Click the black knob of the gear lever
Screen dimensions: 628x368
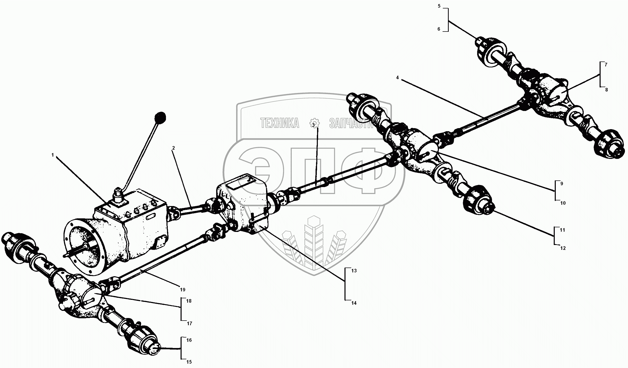pyautogui.click(x=160, y=118)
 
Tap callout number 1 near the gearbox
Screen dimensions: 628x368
pyautogui.click(x=53, y=155)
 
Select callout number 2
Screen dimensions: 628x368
pyautogui.click(x=173, y=148)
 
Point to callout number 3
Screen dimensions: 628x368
pyautogui.click(x=313, y=125)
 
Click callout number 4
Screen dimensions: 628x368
pyautogui.click(x=397, y=78)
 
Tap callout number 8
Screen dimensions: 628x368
pyautogui.click(x=606, y=90)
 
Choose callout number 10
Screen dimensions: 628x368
pyautogui.click(x=563, y=203)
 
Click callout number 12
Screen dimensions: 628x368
pyautogui.click(x=563, y=248)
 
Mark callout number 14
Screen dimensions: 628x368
pyautogui.click(x=354, y=303)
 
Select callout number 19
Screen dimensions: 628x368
pyautogui.click(x=182, y=290)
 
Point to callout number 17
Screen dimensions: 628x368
pyautogui.click(x=189, y=323)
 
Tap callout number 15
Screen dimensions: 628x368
pyautogui.click(x=189, y=362)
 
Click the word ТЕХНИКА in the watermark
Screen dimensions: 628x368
pyautogui.click(x=280, y=123)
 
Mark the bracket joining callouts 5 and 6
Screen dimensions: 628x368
pyautogui.click(x=448, y=20)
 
